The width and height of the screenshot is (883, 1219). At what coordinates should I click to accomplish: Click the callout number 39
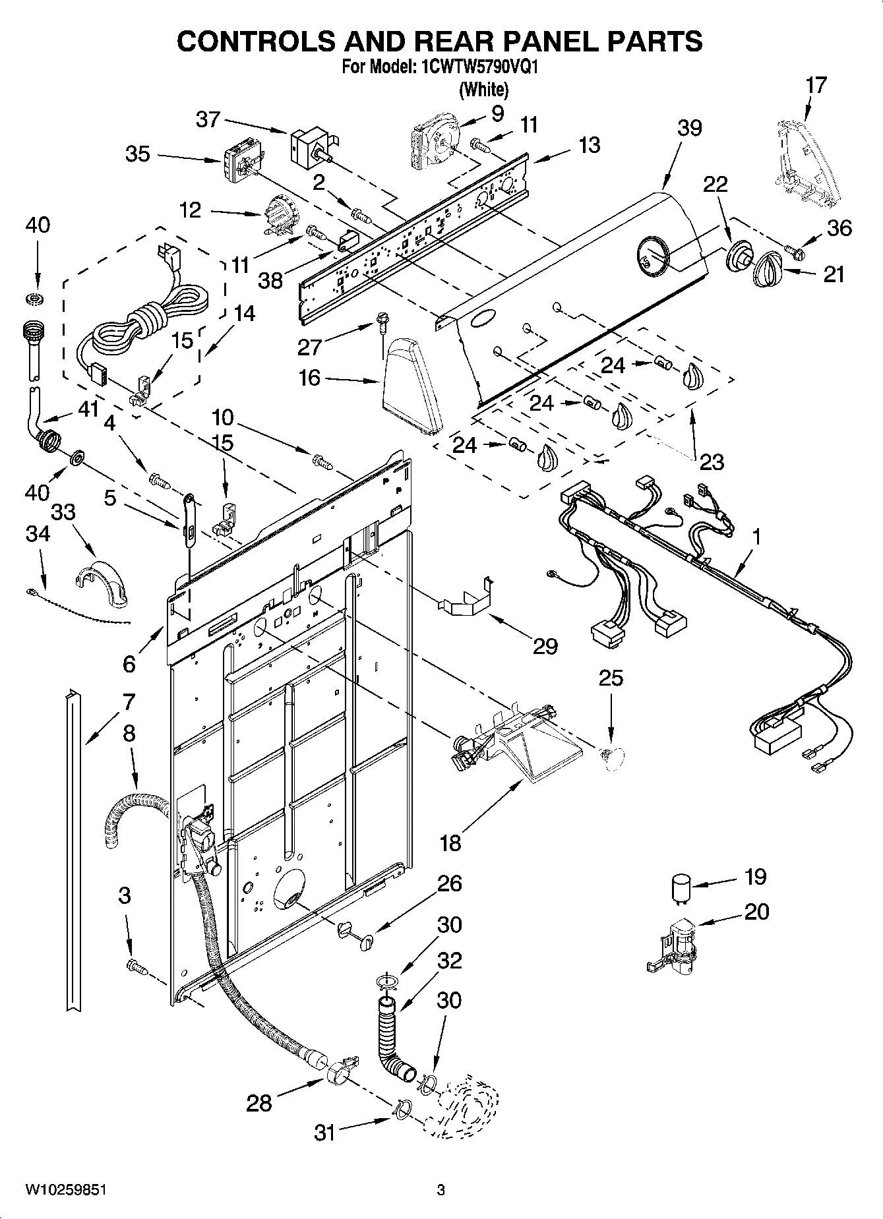click(x=689, y=128)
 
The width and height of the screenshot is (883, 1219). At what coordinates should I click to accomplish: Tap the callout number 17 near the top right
click(x=816, y=86)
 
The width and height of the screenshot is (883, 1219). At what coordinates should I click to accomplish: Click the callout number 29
click(x=545, y=646)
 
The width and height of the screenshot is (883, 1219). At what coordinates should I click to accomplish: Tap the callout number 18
click(x=450, y=842)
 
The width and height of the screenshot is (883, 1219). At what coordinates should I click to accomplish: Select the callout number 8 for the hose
click(x=129, y=733)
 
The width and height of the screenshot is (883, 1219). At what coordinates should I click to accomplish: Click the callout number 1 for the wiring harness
click(x=756, y=537)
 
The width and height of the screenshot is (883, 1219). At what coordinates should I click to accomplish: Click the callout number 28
click(x=259, y=1102)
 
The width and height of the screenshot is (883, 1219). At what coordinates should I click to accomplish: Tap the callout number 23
click(x=711, y=461)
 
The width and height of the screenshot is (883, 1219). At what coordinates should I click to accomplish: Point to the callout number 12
click(x=190, y=212)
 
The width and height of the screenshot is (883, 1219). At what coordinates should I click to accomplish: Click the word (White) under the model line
click(x=483, y=89)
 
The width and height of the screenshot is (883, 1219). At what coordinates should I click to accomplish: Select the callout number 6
click(x=129, y=663)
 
